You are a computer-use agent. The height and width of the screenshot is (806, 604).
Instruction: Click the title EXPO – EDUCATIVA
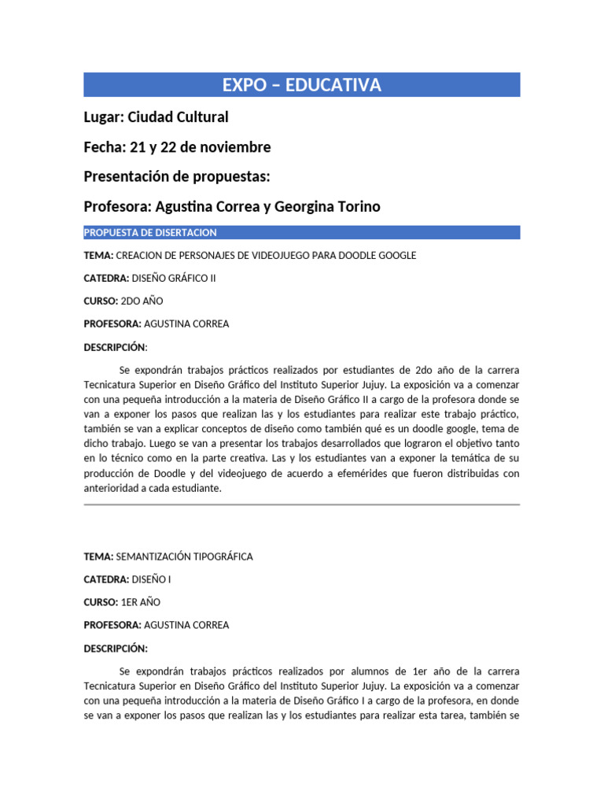302,85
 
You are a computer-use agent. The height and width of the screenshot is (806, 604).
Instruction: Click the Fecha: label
105,147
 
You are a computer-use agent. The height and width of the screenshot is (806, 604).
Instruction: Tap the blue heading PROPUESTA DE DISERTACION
150,232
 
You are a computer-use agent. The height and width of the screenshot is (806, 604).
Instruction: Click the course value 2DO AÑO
140,301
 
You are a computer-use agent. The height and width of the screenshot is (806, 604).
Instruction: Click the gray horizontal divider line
302,505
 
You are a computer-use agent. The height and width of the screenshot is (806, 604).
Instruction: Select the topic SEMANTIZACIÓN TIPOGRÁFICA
184,556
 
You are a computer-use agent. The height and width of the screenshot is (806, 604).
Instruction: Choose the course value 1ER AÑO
140,602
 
